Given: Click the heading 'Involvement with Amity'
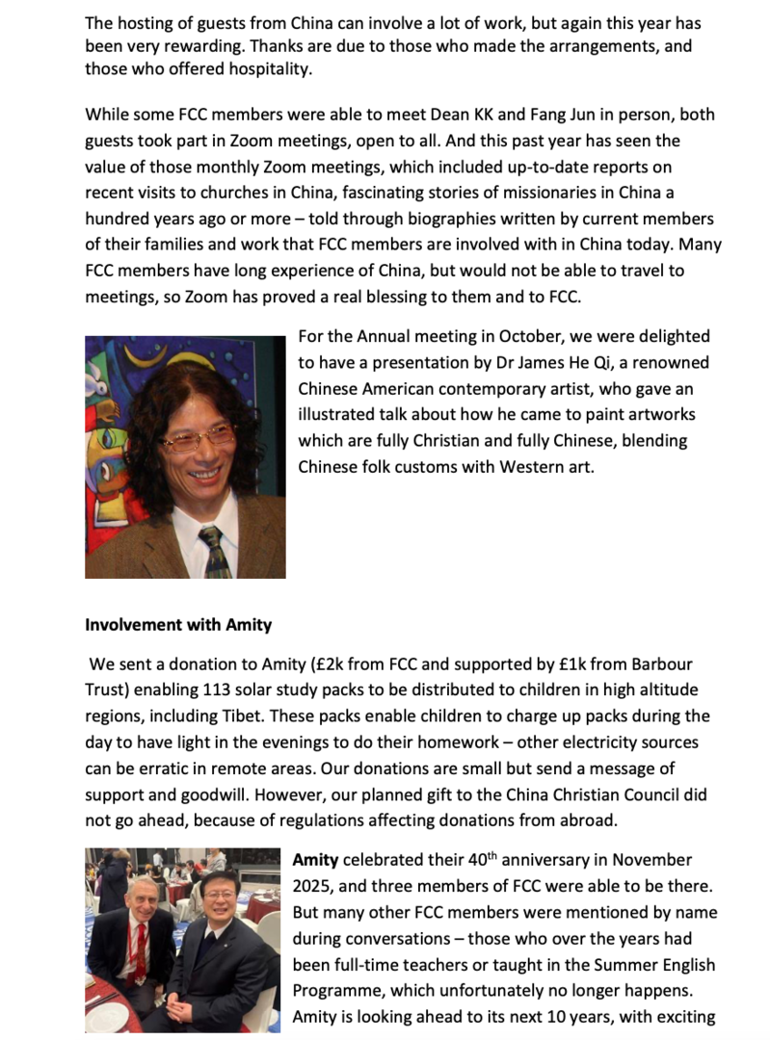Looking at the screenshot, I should (178, 625).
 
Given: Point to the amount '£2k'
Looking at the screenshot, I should (338, 665).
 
